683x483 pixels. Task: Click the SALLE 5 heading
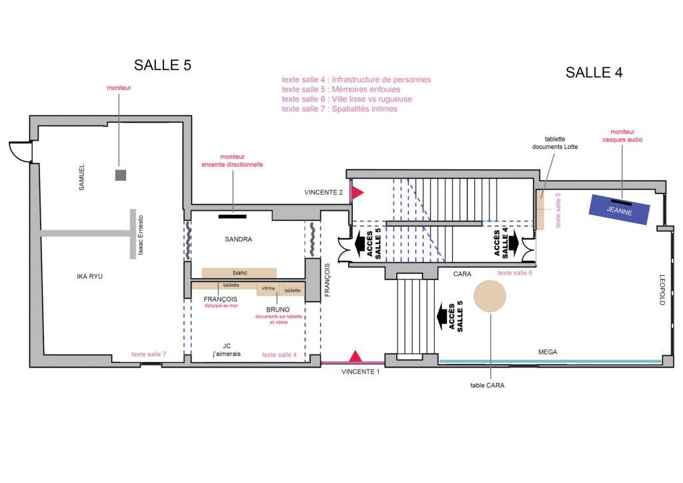(163, 65)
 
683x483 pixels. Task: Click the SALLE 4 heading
(594, 72)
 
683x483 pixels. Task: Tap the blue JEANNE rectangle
(619, 209)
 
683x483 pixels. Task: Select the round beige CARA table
(490, 296)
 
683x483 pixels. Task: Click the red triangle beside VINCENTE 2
(358, 192)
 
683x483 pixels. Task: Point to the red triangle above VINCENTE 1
(356, 356)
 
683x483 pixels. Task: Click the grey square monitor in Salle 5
(121, 175)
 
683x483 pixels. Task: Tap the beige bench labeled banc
(239, 273)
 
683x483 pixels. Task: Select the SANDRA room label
(238, 239)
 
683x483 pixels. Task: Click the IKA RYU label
(90, 277)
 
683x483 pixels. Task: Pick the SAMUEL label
(81, 177)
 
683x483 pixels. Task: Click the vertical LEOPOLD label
(662, 290)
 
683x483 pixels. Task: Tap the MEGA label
(548, 352)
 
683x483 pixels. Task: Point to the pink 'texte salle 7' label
(149, 354)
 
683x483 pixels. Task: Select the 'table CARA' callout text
(488, 386)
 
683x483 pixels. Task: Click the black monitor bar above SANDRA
(232, 216)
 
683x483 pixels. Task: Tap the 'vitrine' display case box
(268, 289)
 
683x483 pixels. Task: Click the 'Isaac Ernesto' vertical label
(140, 235)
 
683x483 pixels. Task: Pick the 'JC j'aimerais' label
(227, 350)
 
